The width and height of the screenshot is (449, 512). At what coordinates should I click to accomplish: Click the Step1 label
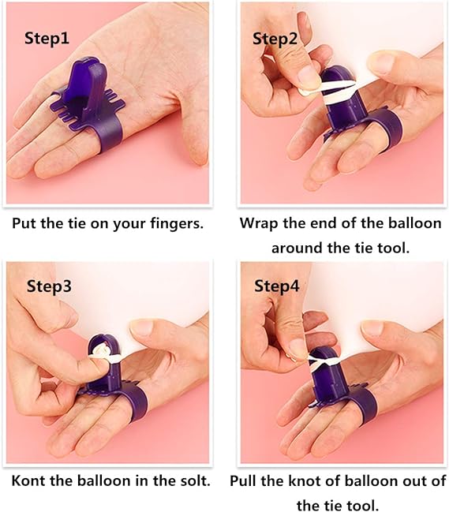(47, 39)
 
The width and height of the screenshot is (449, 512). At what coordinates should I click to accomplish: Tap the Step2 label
(275, 39)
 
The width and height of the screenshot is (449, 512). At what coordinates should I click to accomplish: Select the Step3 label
(49, 286)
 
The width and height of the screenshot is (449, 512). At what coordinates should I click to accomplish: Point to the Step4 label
(277, 286)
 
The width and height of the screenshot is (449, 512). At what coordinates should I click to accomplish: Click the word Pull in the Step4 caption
(242, 480)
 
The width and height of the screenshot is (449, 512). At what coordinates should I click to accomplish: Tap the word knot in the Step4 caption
(303, 480)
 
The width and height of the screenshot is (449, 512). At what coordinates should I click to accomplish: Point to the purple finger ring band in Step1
(104, 136)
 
